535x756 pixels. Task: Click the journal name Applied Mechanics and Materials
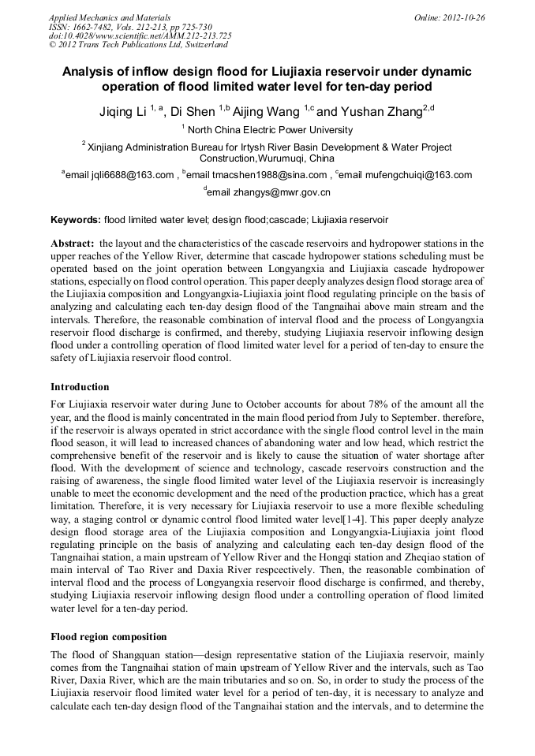[109, 17]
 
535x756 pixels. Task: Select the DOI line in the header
[140, 35]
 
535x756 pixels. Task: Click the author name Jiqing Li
[122, 112]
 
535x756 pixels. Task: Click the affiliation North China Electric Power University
[270, 130]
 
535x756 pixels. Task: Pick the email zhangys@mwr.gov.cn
[270, 192]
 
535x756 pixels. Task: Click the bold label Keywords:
[76, 219]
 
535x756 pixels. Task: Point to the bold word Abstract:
[73, 244]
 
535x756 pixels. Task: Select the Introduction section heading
[80, 387]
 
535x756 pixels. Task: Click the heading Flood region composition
[108, 636]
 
